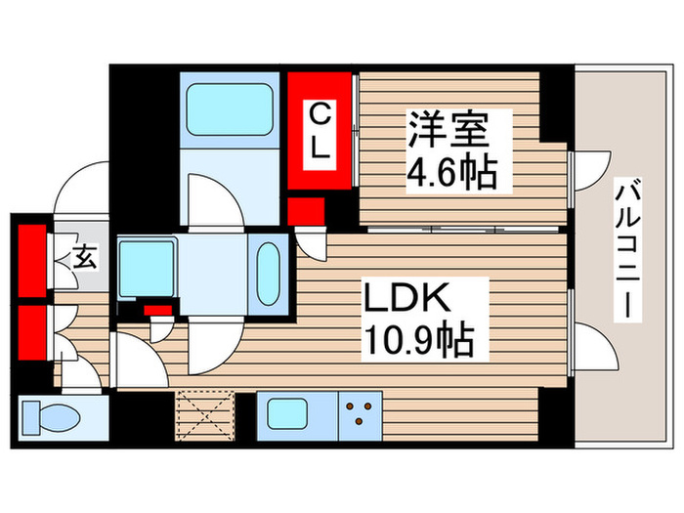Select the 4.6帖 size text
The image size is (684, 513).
point(450,174)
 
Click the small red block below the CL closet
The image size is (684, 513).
point(307,210)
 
